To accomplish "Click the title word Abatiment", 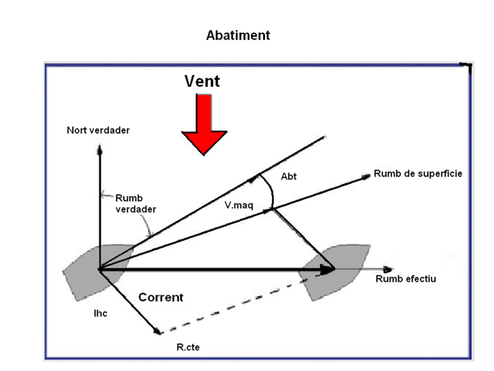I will tap(238, 35).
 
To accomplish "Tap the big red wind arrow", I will tap(204, 124).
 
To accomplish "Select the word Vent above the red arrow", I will tap(202, 81).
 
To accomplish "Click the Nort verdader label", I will tap(99, 130).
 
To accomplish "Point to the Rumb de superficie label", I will tap(417, 174).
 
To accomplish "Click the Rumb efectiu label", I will tap(406, 279).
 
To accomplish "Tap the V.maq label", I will tap(238, 203).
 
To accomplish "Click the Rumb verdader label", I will tap(136, 203).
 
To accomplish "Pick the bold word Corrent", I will tap(161, 297).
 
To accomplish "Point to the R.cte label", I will tap(188, 348).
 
